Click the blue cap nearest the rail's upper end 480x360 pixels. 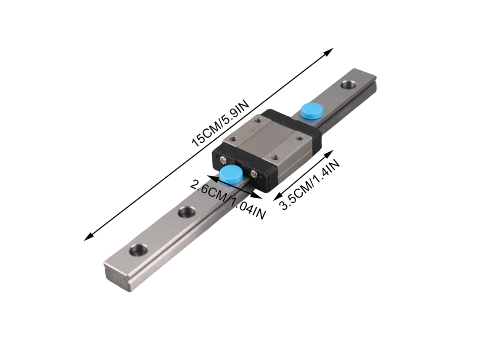(x=310, y=111)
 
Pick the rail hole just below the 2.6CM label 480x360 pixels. (x=187, y=212)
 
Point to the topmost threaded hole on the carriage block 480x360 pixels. (x=259, y=120)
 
